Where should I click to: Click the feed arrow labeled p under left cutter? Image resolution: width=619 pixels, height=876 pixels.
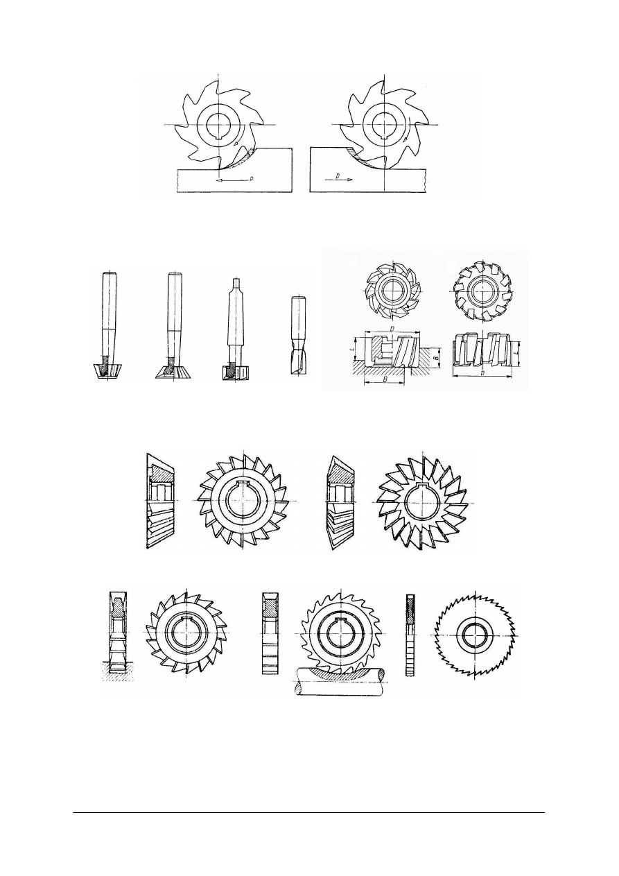[232, 179]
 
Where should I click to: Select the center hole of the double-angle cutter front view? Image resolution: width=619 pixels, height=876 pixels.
[424, 501]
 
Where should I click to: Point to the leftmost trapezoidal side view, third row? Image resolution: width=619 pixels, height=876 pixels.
[160, 501]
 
